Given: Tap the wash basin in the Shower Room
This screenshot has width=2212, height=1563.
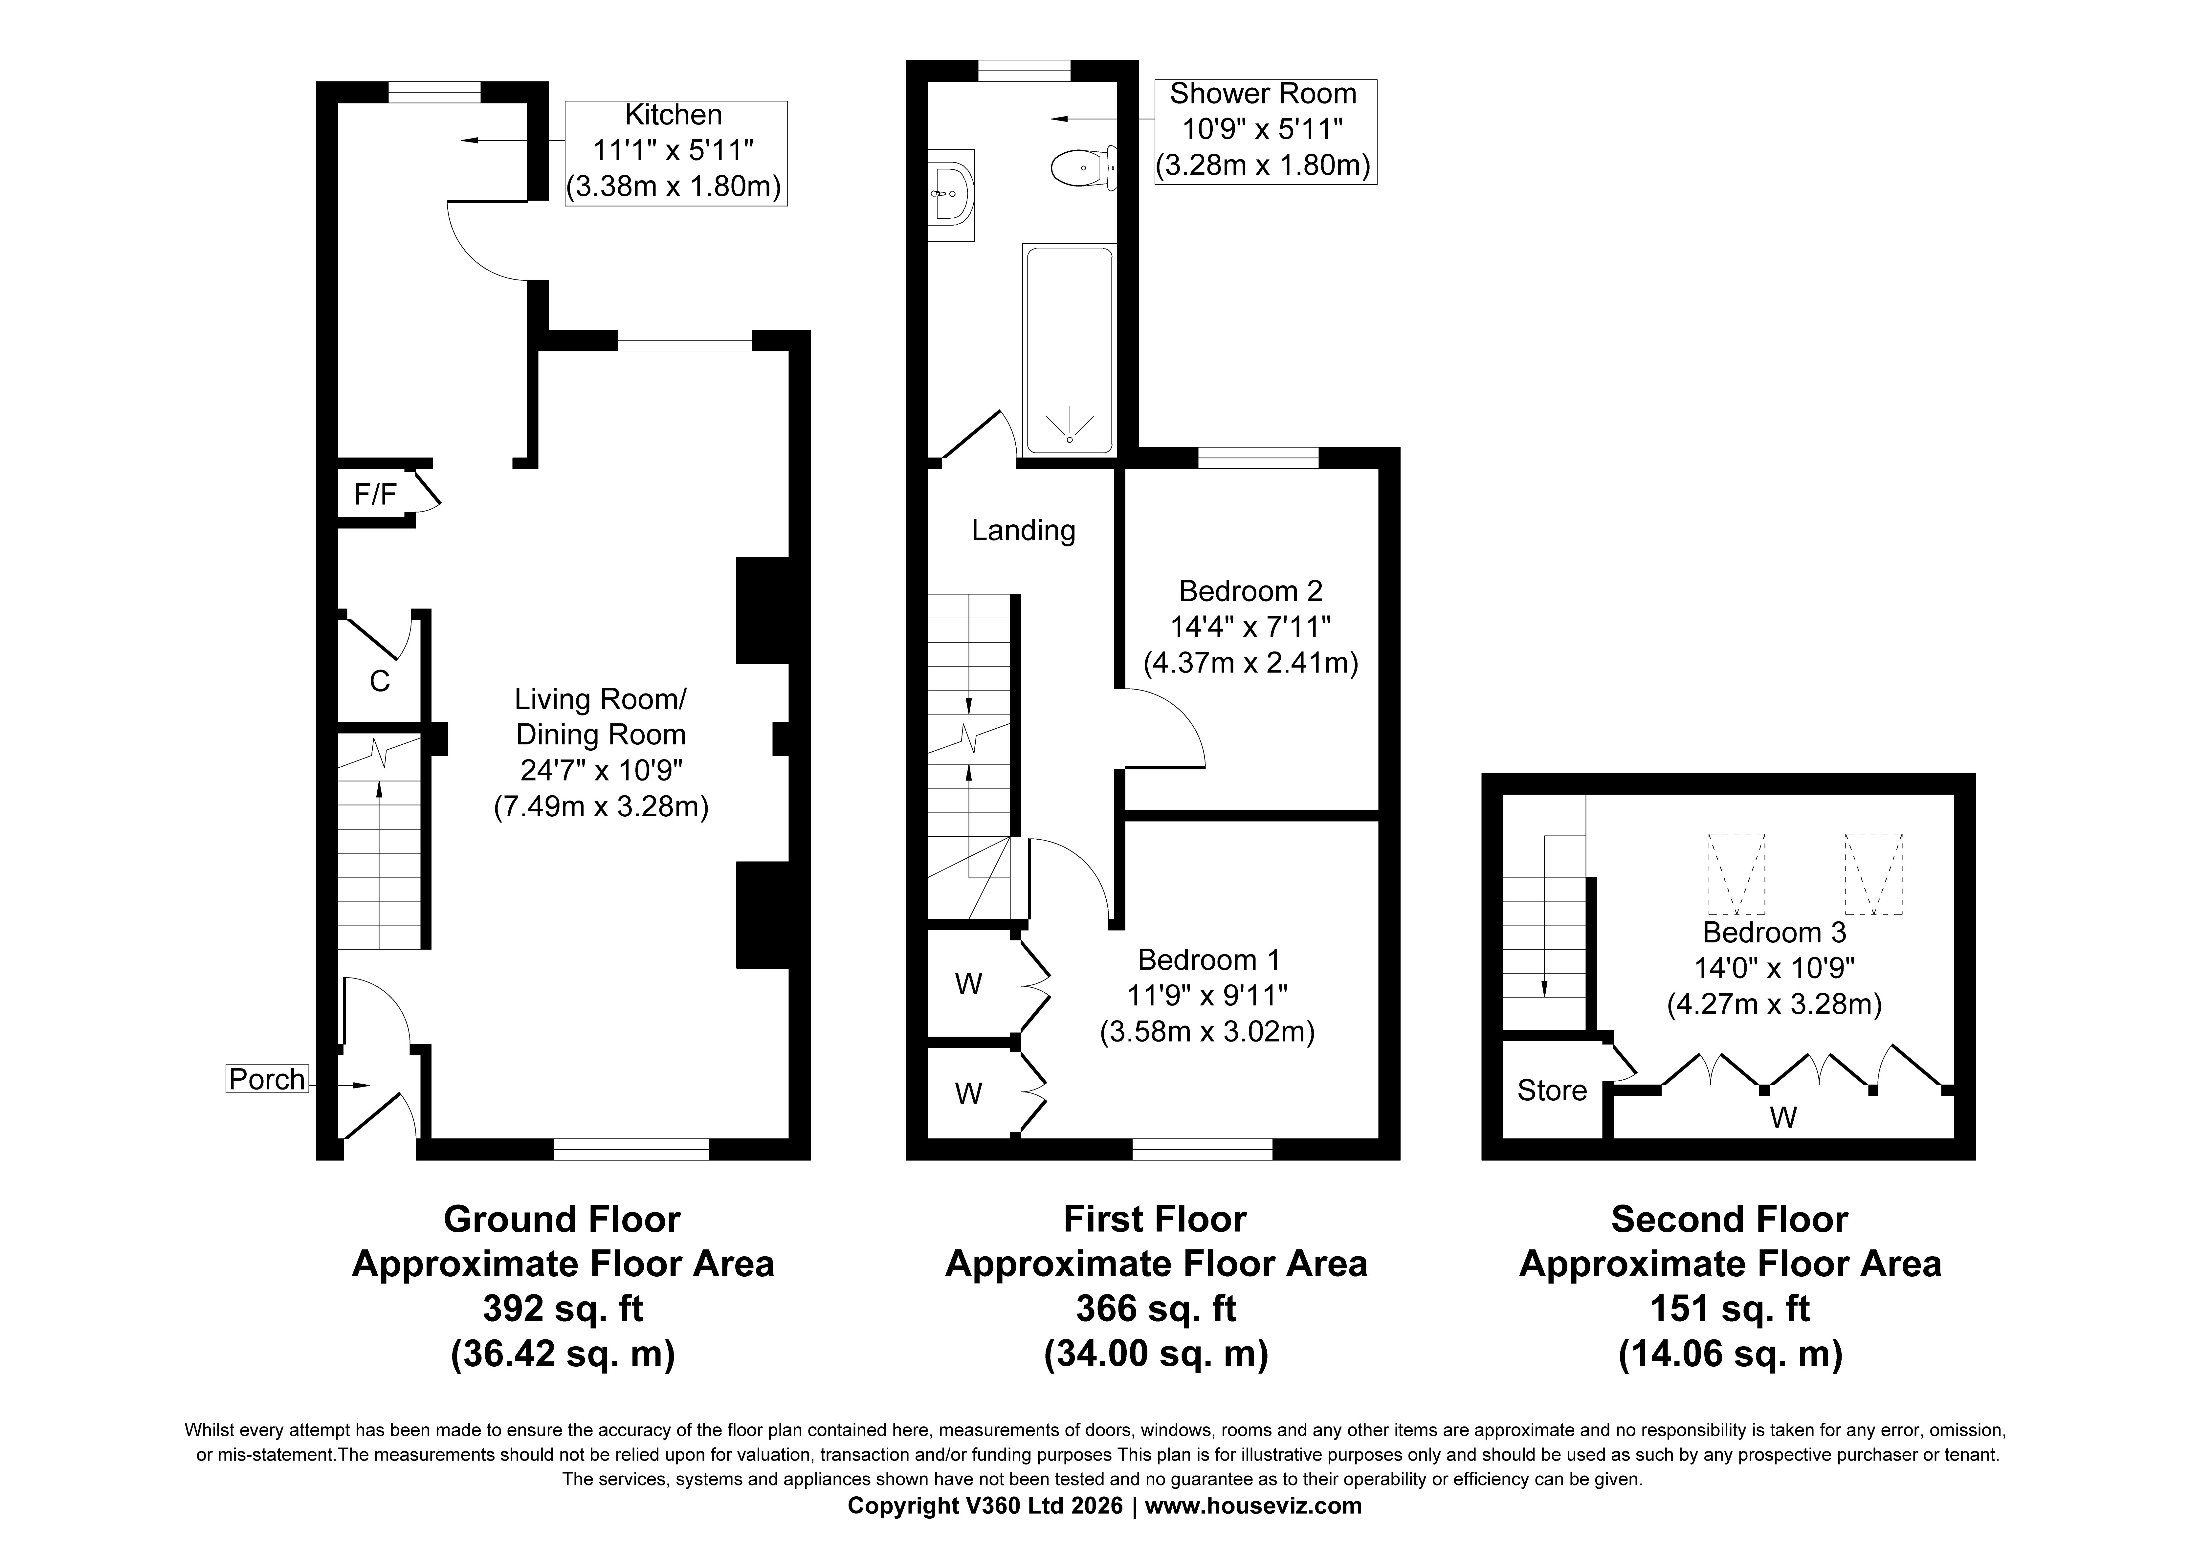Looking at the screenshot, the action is point(952,194).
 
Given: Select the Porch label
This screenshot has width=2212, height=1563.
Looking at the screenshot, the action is point(267,1079).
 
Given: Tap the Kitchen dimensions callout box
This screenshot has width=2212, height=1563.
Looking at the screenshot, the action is point(675,153).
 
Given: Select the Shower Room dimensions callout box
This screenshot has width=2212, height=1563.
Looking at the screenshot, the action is point(1265,131).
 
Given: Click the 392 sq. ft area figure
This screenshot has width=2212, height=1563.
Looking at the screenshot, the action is point(563,1309).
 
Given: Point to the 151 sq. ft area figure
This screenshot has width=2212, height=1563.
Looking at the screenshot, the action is point(1730,1309).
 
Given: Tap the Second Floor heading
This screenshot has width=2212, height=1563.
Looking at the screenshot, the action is point(1729,1219).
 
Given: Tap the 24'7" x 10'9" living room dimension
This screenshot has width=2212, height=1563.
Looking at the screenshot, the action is point(601,770).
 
